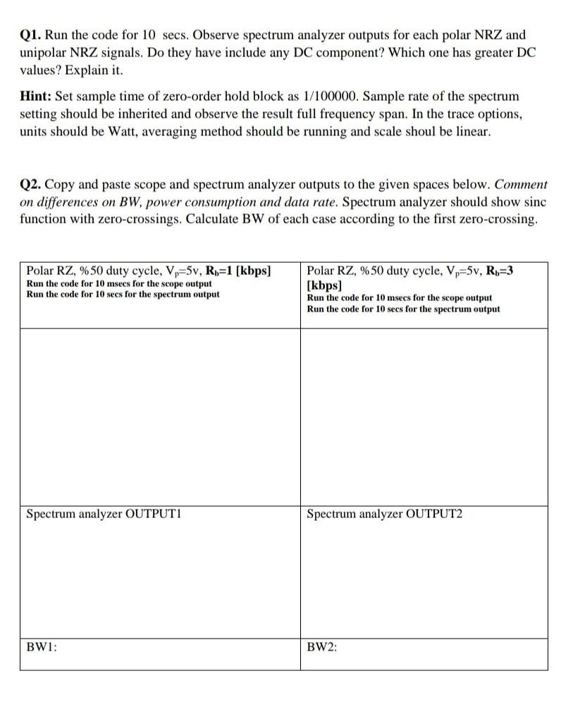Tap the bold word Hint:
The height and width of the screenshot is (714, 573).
[35, 96]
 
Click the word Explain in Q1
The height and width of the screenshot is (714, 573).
[83, 70]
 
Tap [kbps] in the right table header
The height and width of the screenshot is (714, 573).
[324, 286]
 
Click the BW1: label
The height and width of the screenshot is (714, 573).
[41, 646]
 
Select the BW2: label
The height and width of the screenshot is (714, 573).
[322, 646]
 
